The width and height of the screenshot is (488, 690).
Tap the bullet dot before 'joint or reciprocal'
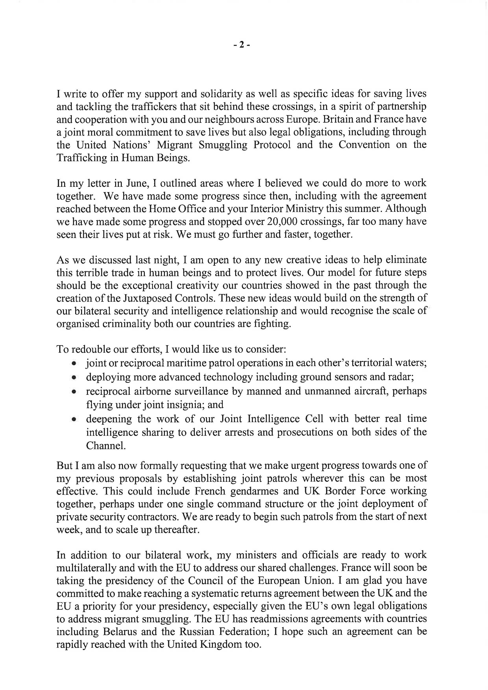[x=74, y=363]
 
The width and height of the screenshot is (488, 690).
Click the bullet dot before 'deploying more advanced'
[x=74, y=377]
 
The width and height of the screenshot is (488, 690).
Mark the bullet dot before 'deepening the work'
[x=74, y=419]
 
